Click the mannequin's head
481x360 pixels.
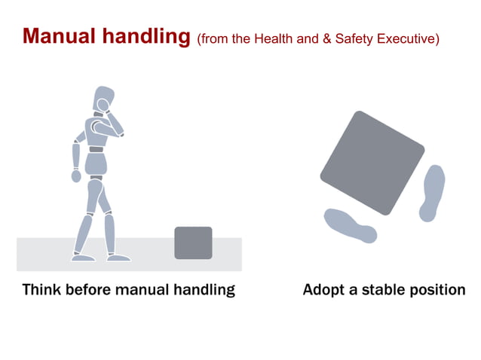tap(103, 99)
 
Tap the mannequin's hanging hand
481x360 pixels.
tap(76, 175)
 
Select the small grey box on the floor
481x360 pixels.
tap(193, 243)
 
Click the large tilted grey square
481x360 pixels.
tap(372, 162)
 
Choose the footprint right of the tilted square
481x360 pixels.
tap(432, 192)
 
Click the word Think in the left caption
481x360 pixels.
tap(42, 289)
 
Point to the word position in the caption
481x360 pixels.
tap(438, 289)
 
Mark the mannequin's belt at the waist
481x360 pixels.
tap(96, 149)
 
